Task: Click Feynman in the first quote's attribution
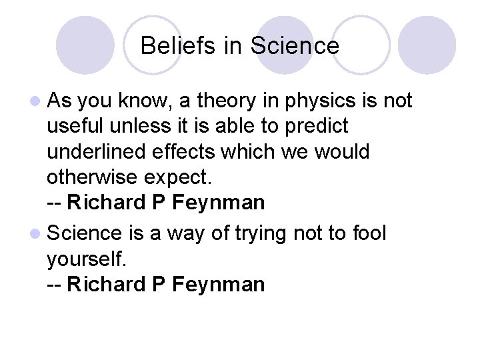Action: (x=218, y=202)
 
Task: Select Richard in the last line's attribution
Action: (x=107, y=285)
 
